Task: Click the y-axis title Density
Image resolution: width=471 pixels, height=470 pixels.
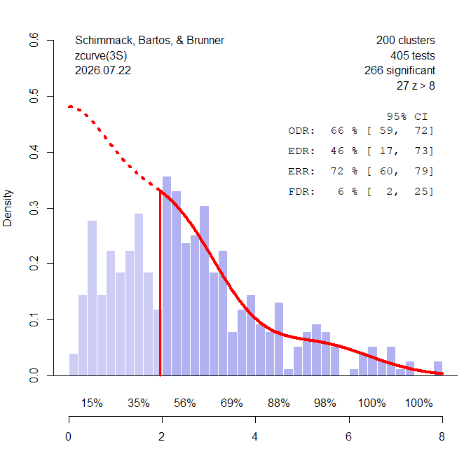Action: click(7, 208)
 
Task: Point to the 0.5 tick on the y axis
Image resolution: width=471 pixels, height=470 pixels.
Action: click(50, 96)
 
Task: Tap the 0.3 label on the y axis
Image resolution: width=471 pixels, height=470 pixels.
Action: click(34, 208)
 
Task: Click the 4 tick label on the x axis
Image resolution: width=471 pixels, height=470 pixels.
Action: click(254, 436)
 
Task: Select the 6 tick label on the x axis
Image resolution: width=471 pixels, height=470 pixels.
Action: click(348, 436)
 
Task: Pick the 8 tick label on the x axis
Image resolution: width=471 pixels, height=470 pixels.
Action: click(442, 436)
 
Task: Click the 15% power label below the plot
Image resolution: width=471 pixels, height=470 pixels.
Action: click(92, 403)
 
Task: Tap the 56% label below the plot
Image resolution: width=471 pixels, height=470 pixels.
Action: click(185, 403)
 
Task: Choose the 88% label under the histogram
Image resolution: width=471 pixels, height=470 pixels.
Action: click(279, 403)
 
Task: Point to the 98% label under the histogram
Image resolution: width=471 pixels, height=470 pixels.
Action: click(325, 403)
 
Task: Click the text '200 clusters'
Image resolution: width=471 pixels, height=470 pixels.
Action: click(406, 40)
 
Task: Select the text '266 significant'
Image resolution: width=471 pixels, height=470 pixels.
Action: click(400, 71)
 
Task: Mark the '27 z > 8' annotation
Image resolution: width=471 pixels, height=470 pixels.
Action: click(416, 86)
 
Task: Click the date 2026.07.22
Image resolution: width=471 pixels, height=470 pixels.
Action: click(103, 71)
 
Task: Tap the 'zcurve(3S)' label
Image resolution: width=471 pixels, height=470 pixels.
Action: click(101, 56)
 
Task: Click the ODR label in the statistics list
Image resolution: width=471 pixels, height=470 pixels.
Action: click(301, 131)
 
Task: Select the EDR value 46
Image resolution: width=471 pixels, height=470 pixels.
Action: click(337, 151)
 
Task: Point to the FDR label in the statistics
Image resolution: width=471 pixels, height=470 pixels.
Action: click(301, 192)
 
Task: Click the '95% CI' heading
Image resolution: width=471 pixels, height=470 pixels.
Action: click(407, 116)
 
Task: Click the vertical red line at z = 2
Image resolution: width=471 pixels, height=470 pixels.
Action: click(160, 283)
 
